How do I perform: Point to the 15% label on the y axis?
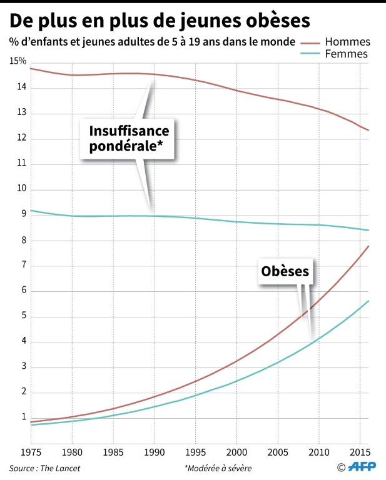click(18, 61)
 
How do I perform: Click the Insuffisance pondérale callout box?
click(130, 139)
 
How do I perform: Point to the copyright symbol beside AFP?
click(342, 467)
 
